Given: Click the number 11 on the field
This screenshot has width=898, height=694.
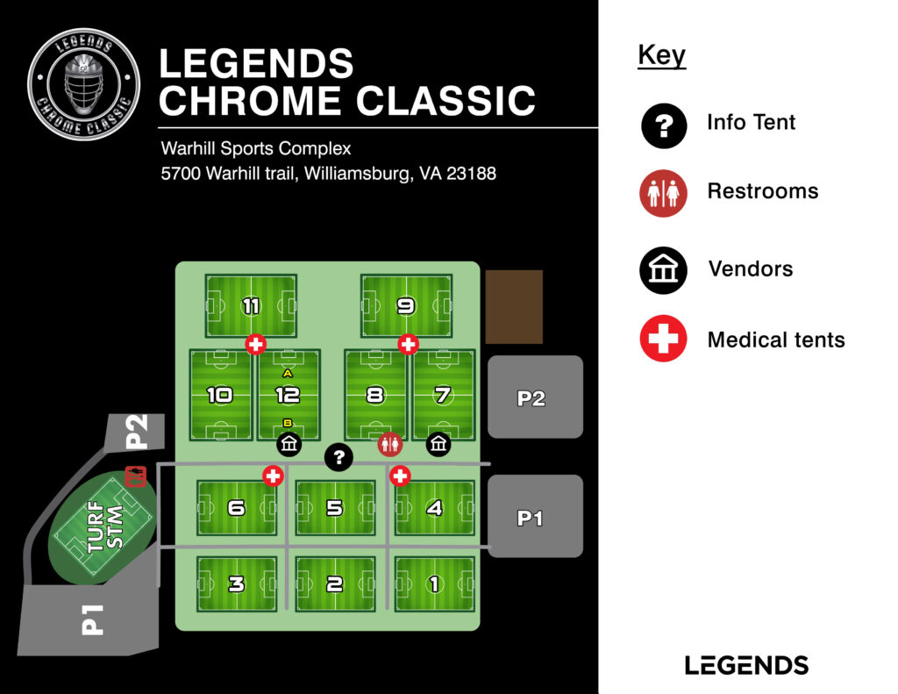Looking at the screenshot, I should point(252,306).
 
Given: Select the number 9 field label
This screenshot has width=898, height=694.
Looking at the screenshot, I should point(406,306).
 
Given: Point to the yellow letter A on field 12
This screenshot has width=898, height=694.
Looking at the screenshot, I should point(288,374).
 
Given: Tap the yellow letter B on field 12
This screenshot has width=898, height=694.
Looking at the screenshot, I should point(288,423).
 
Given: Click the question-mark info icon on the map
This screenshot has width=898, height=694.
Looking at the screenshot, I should point(339,456).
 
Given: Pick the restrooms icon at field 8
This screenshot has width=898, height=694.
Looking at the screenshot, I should point(390,445).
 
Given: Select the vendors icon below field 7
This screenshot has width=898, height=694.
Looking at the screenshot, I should point(439,445).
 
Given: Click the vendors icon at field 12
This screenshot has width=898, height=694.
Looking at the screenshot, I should point(289,445).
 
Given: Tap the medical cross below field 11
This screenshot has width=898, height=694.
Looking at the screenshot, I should point(255,344).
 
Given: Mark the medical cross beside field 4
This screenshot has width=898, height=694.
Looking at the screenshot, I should point(400,476).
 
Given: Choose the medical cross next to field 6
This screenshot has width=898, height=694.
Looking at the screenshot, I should point(274,476).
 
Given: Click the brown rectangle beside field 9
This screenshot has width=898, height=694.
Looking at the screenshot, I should point(514,306).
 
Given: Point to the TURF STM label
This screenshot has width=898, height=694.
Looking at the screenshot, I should point(104,528).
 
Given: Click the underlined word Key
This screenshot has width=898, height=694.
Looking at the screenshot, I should point(661,55).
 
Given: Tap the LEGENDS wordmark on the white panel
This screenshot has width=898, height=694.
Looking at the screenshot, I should point(746,664).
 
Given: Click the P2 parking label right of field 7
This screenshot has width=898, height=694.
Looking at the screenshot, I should point(531,398).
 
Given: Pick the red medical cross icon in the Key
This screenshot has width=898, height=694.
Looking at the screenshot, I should point(663,339).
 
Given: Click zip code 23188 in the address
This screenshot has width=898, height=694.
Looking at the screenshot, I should point(471,174).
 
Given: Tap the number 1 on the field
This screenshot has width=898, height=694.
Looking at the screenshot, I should point(434,584).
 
